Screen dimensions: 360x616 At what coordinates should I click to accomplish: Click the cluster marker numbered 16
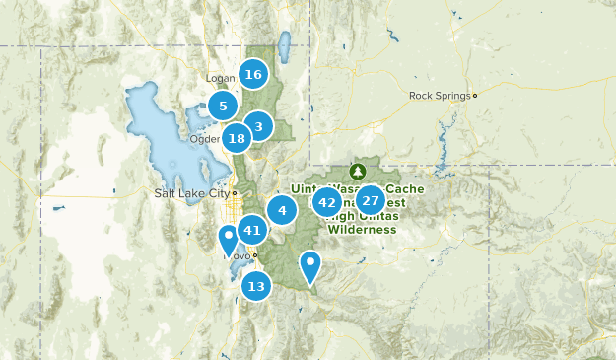[253, 74]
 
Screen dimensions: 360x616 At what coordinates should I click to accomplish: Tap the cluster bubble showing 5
[223, 106]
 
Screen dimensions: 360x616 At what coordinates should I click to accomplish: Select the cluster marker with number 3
[258, 126]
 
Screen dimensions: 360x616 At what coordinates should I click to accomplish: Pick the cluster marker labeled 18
[237, 139]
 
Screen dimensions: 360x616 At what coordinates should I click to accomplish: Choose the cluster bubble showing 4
[282, 209]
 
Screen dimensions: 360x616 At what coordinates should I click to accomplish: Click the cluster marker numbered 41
[252, 230]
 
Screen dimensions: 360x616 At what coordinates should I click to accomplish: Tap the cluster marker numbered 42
[327, 202]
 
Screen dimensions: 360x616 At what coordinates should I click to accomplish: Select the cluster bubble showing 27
[371, 200]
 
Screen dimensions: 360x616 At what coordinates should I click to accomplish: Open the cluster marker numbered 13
[256, 287]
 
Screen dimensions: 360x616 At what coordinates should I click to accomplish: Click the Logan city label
[220, 78]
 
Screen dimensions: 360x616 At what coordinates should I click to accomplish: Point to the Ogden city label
[204, 139]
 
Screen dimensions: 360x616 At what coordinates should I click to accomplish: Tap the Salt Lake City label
[191, 193]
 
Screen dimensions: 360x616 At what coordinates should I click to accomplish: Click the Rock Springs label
[439, 96]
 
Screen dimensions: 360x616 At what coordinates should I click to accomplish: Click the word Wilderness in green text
[362, 229]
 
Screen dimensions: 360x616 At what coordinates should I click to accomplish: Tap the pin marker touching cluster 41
[228, 238]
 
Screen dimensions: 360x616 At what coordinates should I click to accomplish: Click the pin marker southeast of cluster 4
[310, 264]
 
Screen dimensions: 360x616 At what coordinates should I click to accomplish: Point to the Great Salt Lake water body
[158, 128]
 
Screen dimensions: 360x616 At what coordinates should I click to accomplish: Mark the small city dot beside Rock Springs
[474, 96]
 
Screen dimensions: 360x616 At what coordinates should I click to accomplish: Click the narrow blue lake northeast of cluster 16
[284, 46]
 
